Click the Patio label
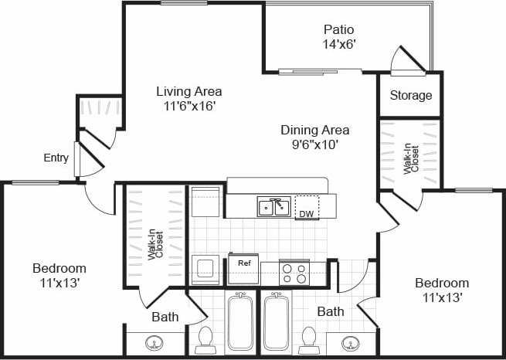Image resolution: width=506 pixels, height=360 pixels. pos(339,30)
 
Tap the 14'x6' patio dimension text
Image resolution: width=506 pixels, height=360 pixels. pos(339,45)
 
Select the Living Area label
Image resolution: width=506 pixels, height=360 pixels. pos(188,91)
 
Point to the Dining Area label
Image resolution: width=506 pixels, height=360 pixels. pos(314,130)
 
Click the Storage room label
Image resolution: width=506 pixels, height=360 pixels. pos(410,96)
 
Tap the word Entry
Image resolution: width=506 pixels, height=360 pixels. pos(56,158)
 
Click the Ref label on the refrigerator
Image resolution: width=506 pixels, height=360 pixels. pos(244,263)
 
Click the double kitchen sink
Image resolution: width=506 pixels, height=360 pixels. pos(274,207)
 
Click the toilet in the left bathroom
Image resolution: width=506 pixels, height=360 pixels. pos(206,338)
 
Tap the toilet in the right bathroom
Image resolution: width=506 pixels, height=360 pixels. pos(309,338)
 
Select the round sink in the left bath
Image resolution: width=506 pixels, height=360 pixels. pos(155,343)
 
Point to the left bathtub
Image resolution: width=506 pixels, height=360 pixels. pos(240,323)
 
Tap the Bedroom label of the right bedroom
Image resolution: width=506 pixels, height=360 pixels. pos(442,283)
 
